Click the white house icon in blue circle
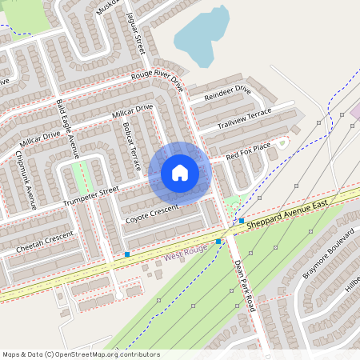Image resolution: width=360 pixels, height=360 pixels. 180,173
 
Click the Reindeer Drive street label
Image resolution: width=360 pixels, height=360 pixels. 228,95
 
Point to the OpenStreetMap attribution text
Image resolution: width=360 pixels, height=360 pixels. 81,354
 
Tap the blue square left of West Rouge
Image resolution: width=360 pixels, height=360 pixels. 127,254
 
